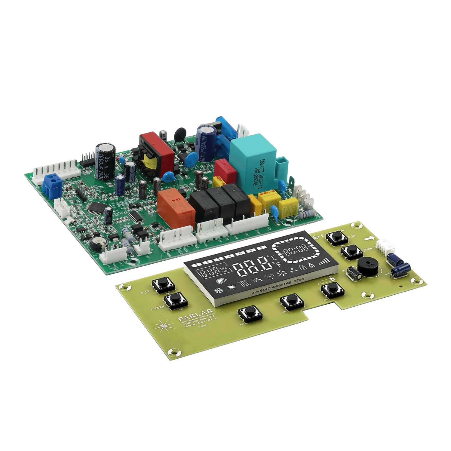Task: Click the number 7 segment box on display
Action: coord(261,248)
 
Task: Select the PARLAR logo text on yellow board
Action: coord(195,314)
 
